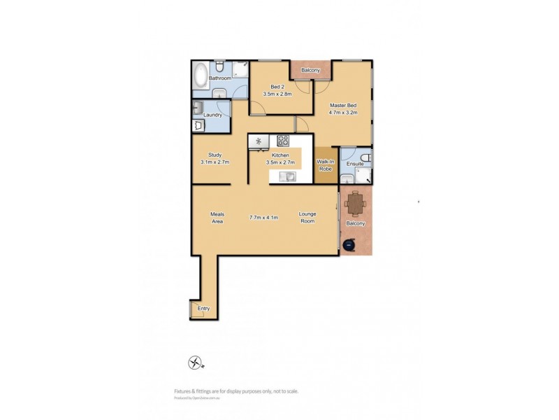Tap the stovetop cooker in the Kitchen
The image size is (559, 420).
click(283, 140)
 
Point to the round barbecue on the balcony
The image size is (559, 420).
click(350, 244)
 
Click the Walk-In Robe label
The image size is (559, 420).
click(326, 166)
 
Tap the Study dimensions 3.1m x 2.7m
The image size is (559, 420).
click(215, 162)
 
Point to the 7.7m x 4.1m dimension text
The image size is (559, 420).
click(264, 218)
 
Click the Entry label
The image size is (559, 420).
click(203, 308)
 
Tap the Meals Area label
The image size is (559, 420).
click(217, 218)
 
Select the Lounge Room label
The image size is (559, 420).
click(307, 218)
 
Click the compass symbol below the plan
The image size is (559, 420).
click(194, 363)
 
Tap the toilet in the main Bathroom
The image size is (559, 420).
click(219, 68)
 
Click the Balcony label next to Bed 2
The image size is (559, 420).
click(311, 71)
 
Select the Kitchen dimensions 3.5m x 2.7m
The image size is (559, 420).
click(280, 162)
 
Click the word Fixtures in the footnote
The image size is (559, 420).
click(184, 391)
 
